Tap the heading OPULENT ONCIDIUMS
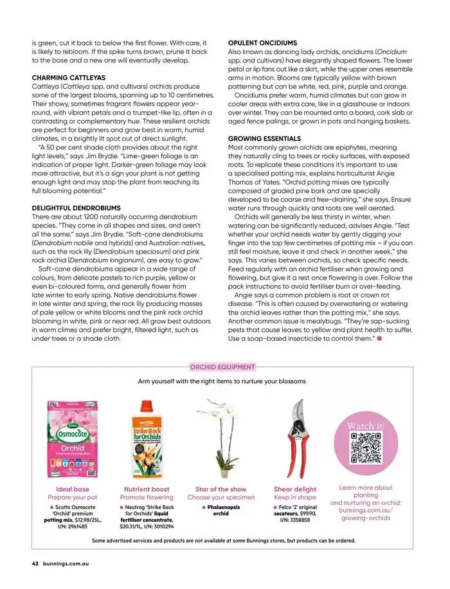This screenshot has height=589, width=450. coord(262,42)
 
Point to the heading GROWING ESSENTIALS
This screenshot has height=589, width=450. coord(264,138)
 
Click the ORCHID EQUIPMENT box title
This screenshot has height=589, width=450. coord(222,367)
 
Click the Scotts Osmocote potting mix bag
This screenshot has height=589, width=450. coord(73,440)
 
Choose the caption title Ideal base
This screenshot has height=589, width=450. coord(73,489)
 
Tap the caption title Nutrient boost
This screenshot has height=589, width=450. coord(147,489)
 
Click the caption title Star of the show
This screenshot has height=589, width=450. coord(221,489)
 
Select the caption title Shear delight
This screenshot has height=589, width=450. coord(295,489)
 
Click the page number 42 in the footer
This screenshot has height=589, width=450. coord(35,564)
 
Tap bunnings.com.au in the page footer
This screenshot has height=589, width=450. coord(66,564)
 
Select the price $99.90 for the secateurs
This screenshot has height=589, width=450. coord(305,513)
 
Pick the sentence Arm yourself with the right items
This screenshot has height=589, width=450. coord(222,381)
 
